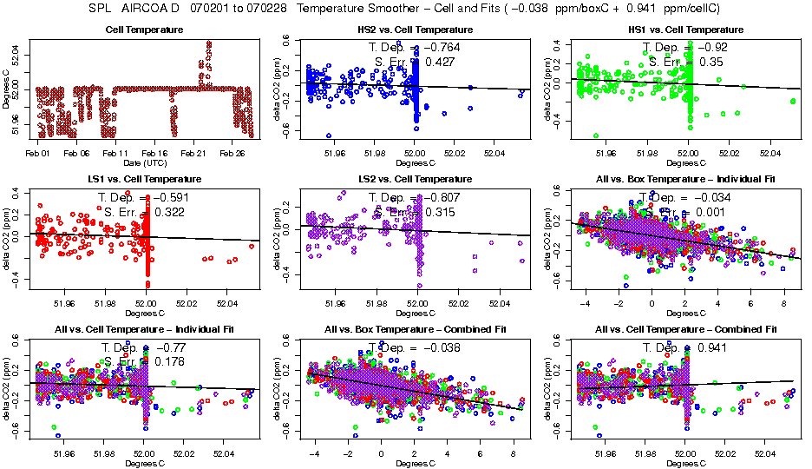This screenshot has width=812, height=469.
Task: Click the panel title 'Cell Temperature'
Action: click(x=145, y=30)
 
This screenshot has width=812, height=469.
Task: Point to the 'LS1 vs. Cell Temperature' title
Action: click(x=145, y=179)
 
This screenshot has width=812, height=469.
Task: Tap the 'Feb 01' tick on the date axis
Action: click(x=38, y=153)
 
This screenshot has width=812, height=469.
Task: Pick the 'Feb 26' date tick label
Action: click(x=232, y=153)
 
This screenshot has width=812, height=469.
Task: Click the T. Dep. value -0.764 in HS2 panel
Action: click(x=441, y=48)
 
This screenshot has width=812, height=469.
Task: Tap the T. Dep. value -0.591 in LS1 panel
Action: click(x=170, y=197)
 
